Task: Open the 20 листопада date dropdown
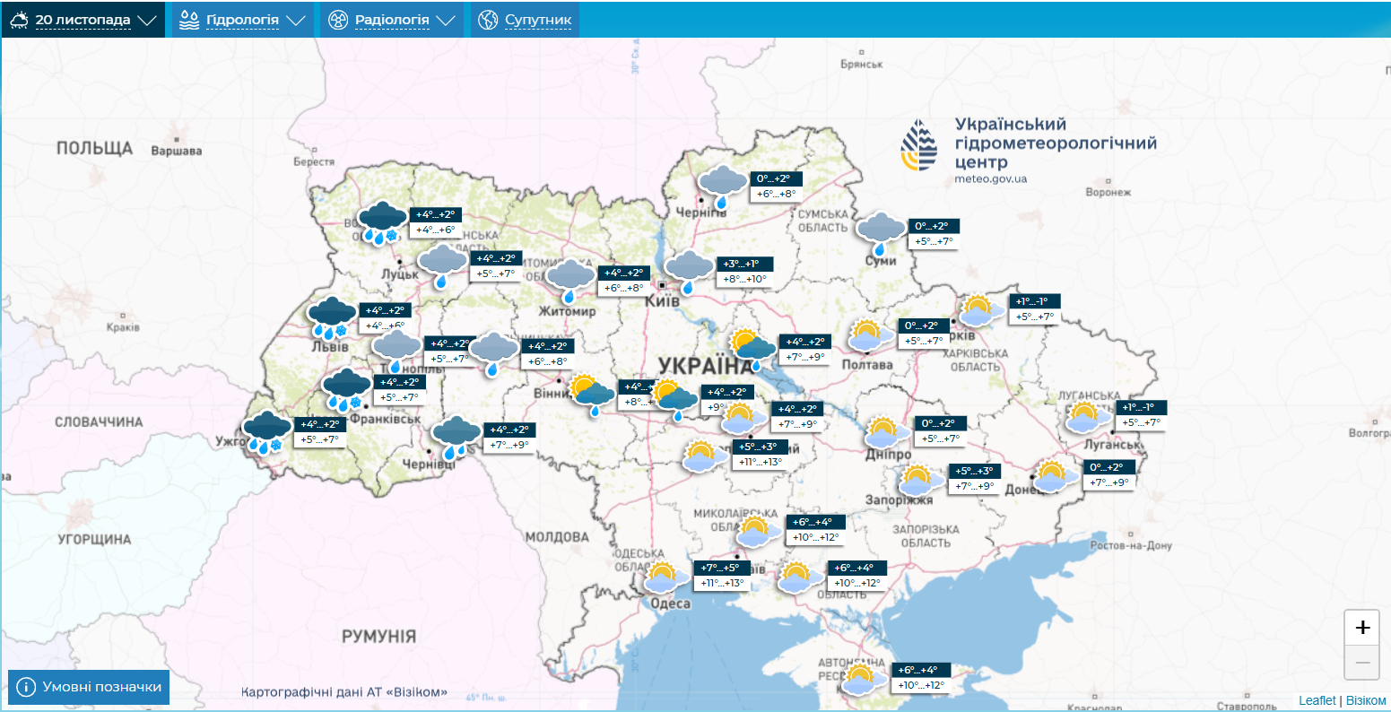[83, 20]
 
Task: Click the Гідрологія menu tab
[242, 20]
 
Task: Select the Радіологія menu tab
[391, 20]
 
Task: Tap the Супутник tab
[526, 20]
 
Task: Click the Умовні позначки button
[89, 687]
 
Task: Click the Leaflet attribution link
[1317, 700]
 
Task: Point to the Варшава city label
[176, 152]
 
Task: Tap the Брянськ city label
[862, 65]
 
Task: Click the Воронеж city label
[1108, 193]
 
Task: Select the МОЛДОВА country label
[557, 537]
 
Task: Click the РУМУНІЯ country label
[378, 636]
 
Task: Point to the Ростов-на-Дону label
[1131, 546]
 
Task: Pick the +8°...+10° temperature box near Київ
[745, 279]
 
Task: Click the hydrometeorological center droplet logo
[919, 146]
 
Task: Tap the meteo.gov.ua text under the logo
[990, 179]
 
